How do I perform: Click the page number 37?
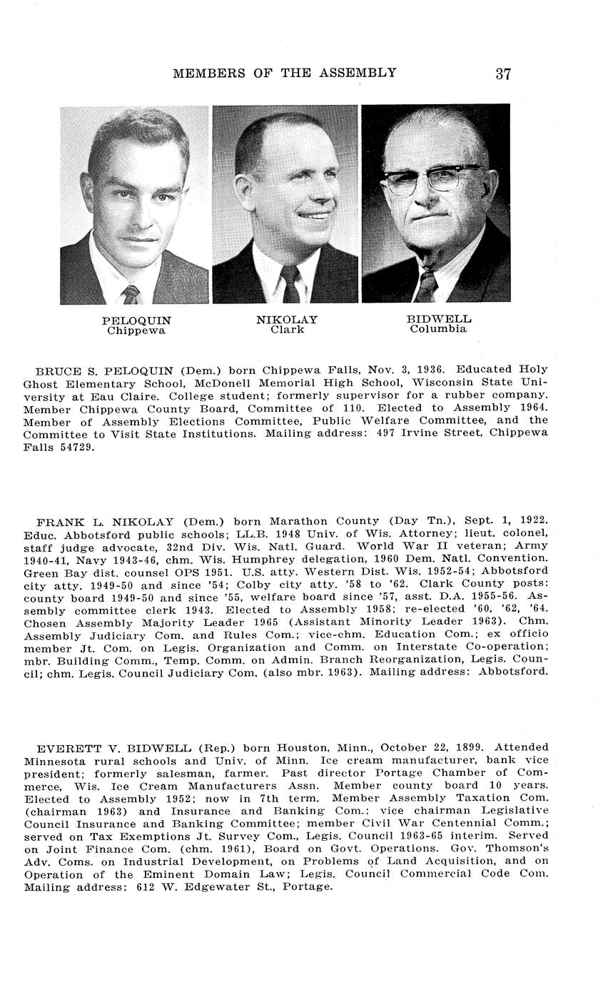pyautogui.click(x=503, y=74)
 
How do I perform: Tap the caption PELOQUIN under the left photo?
pyautogui.click(x=136, y=320)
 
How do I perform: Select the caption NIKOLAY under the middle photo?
pyautogui.click(x=287, y=320)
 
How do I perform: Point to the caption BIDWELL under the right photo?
pyautogui.click(x=439, y=319)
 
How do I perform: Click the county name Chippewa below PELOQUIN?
pyautogui.click(x=136, y=330)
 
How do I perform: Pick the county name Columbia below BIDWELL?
pyautogui.click(x=438, y=329)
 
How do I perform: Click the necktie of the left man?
pyautogui.click(x=131, y=293)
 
